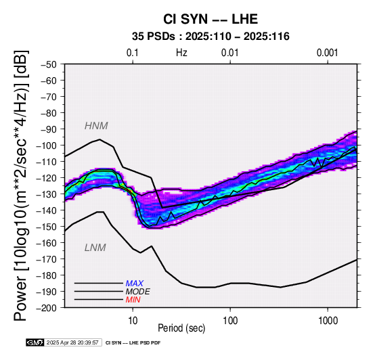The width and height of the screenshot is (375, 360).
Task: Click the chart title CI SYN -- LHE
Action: [211, 19]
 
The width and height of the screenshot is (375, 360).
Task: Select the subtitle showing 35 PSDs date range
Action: [211, 37]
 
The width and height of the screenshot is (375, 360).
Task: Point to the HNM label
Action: [96, 126]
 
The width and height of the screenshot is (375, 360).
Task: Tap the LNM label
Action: [95, 248]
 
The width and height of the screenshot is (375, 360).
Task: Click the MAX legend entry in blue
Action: [134, 284]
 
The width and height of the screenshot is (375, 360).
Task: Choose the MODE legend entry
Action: [138, 292]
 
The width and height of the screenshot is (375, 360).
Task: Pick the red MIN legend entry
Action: [133, 300]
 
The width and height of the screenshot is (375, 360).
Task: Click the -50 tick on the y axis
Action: [49, 64]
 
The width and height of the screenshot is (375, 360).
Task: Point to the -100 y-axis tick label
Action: [46, 145]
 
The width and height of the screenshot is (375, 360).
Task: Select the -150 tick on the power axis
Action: [46, 227]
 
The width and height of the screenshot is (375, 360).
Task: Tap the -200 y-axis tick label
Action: [46, 308]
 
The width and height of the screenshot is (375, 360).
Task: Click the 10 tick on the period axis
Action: [133, 321]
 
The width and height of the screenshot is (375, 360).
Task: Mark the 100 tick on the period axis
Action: [230, 321]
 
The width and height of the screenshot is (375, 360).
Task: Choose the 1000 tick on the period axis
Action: [328, 321]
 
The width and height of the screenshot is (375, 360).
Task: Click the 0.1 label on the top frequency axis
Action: [133, 53]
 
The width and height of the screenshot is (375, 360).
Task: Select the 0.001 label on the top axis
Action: [328, 53]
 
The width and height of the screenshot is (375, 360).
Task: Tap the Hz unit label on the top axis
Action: [181, 53]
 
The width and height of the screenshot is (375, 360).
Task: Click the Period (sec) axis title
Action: [181, 328]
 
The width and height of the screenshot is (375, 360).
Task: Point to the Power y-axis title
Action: [20, 185]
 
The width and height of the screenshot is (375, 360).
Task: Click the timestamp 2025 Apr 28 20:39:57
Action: [72, 343]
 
